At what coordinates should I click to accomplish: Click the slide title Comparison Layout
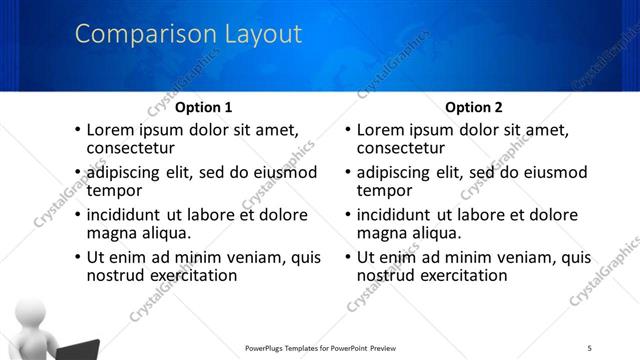(188, 34)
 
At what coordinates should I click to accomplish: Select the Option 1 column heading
(203, 107)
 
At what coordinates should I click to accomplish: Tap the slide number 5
(590, 347)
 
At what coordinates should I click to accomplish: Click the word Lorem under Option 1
(112, 130)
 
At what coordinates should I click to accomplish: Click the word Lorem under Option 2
(382, 130)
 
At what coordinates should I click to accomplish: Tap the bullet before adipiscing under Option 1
(77, 173)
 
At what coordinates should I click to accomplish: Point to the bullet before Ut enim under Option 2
(347, 258)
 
